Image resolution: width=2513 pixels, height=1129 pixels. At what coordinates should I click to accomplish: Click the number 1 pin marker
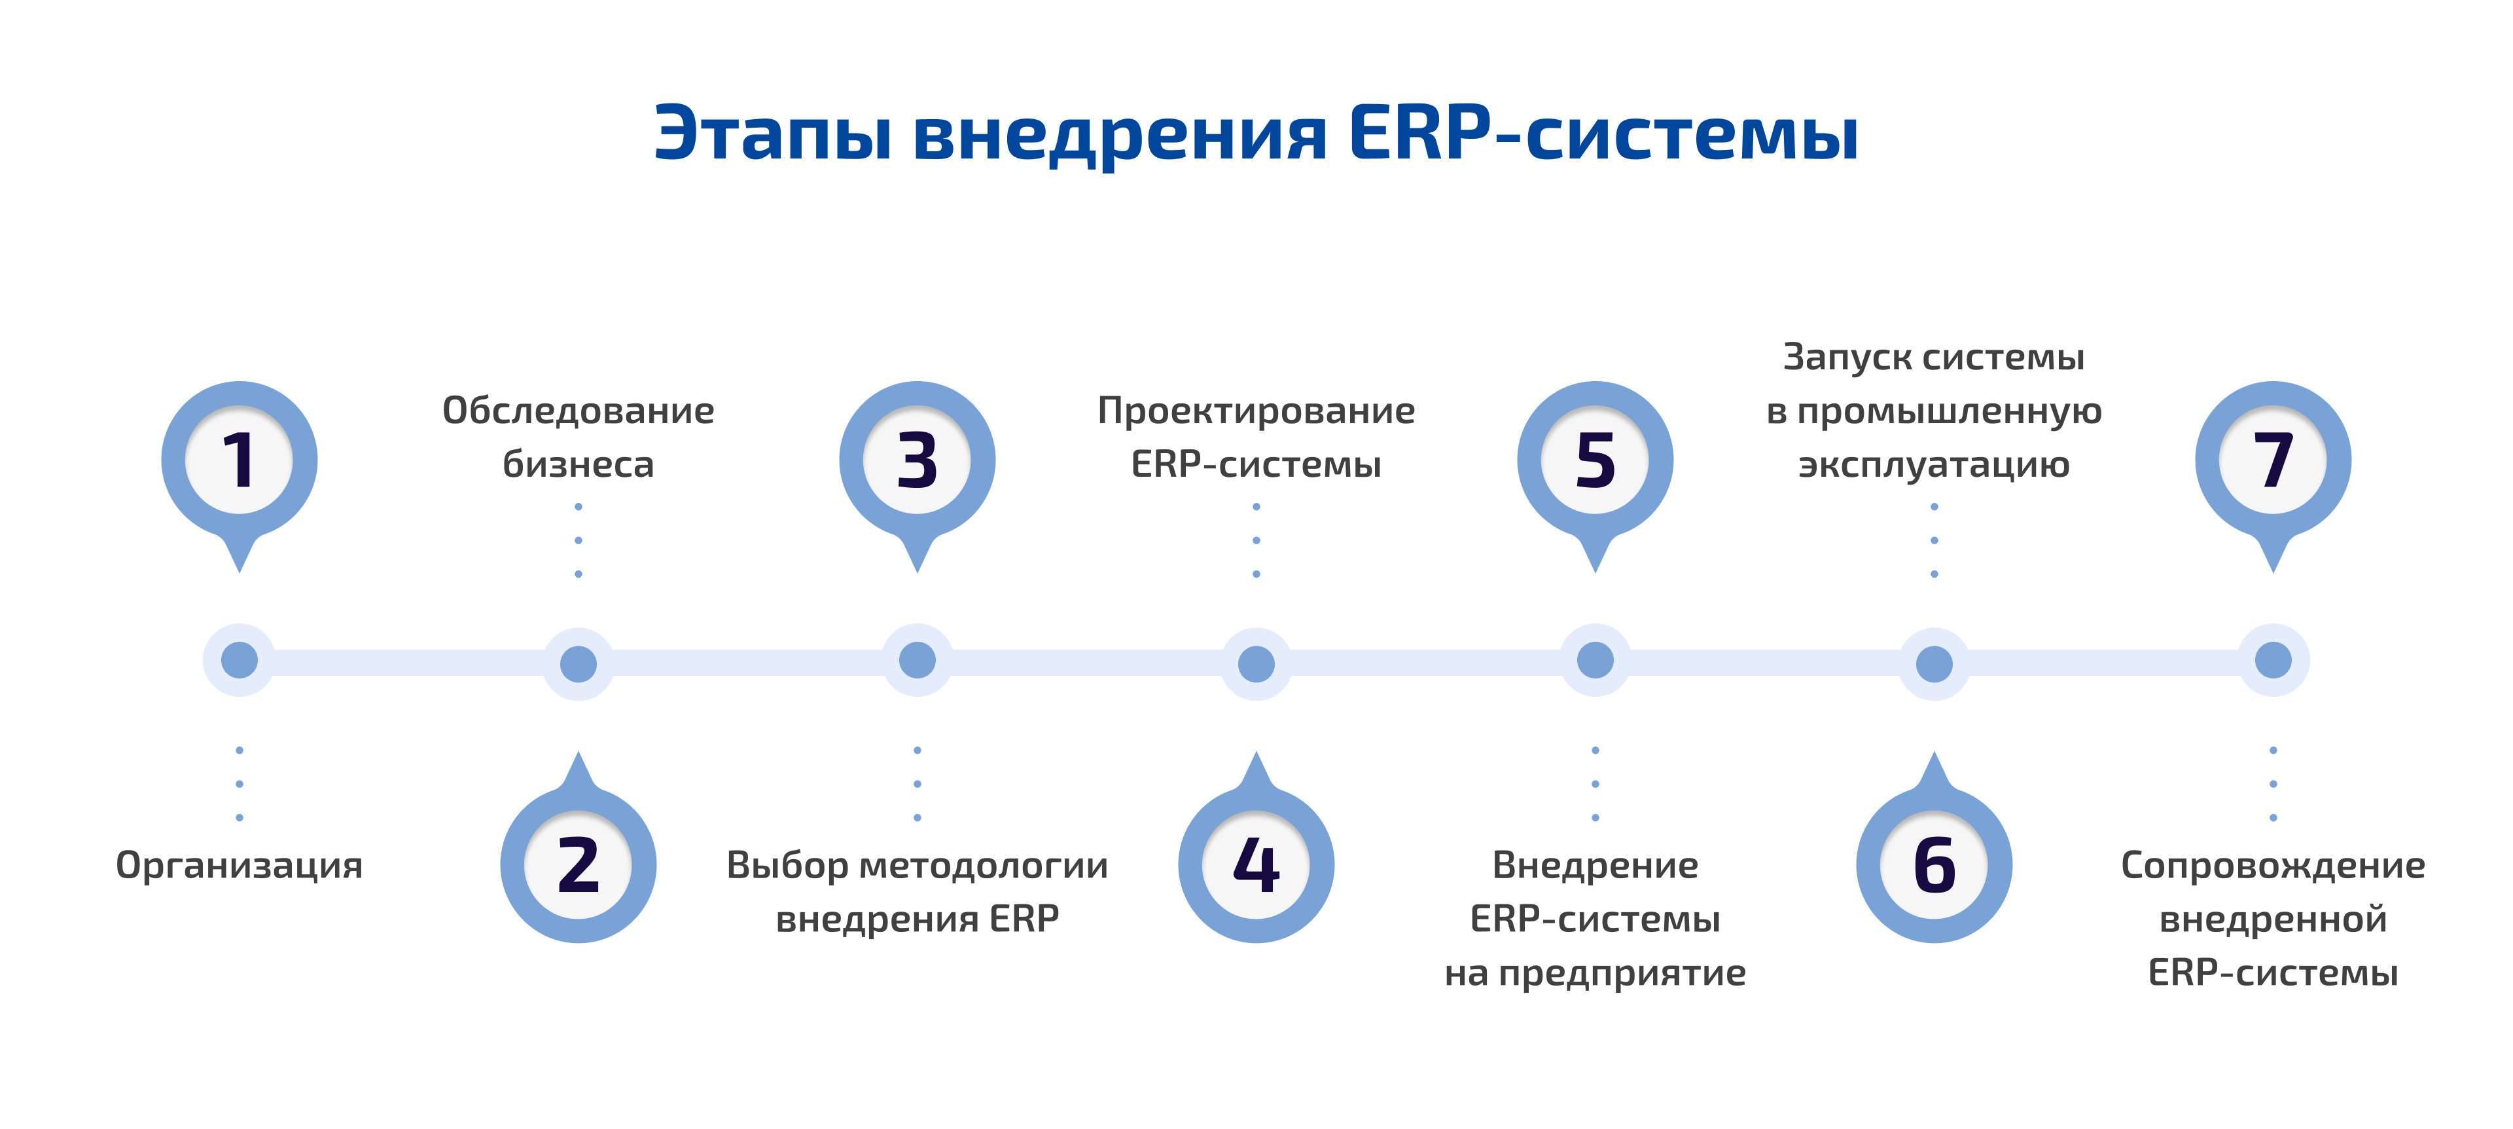(x=239, y=460)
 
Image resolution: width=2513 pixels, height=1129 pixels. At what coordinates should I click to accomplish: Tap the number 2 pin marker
(x=579, y=864)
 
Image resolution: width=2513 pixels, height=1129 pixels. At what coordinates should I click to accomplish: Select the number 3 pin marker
(x=917, y=460)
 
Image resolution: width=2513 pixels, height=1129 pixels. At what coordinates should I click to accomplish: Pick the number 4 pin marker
(x=1256, y=864)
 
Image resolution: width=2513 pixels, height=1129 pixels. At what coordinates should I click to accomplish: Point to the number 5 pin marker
(x=1595, y=460)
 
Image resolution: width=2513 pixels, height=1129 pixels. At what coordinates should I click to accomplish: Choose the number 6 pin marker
(x=1934, y=864)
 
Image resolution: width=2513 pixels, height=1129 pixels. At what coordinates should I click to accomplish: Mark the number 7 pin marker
(x=2273, y=460)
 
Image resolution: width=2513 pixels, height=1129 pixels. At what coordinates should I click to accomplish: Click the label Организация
(x=239, y=866)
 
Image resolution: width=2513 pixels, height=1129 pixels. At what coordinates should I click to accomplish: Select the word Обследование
(x=579, y=411)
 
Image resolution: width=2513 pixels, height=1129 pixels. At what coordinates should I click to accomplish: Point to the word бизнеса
(x=579, y=464)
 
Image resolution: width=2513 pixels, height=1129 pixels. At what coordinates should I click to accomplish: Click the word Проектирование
(x=1256, y=411)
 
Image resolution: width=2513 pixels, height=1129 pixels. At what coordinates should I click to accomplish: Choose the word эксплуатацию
(x=1934, y=464)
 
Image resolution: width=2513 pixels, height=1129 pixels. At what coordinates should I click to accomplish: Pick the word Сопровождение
(x=2273, y=866)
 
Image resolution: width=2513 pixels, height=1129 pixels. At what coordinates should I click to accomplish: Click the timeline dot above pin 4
(x=1256, y=665)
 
